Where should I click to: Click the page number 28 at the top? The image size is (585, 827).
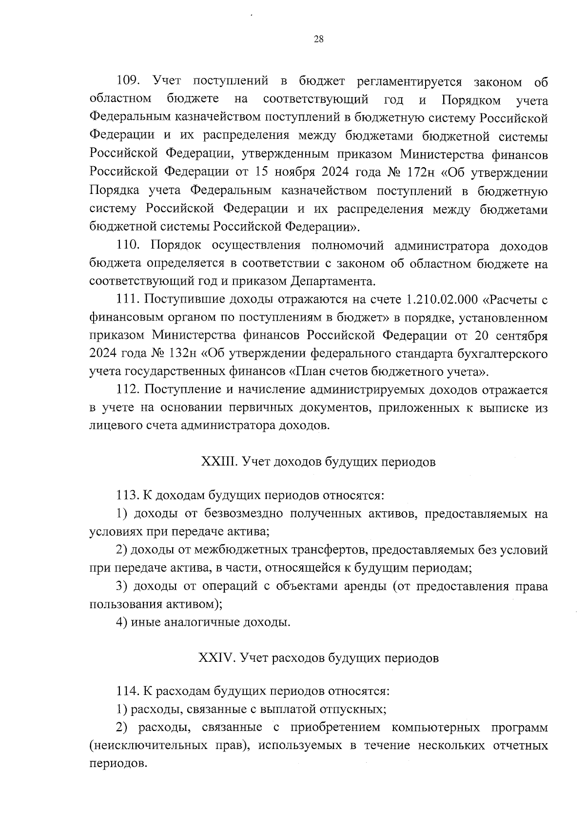click(x=319, y=40)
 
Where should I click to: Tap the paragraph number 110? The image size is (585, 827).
click(x=128, y=246)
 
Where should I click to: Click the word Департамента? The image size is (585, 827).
click(x=333, y=282)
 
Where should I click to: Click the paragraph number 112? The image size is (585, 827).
click(x=128, y=390)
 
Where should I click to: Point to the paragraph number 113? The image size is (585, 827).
click(x=128, y=496)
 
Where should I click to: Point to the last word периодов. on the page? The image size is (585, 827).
click(x=118, y=763)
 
